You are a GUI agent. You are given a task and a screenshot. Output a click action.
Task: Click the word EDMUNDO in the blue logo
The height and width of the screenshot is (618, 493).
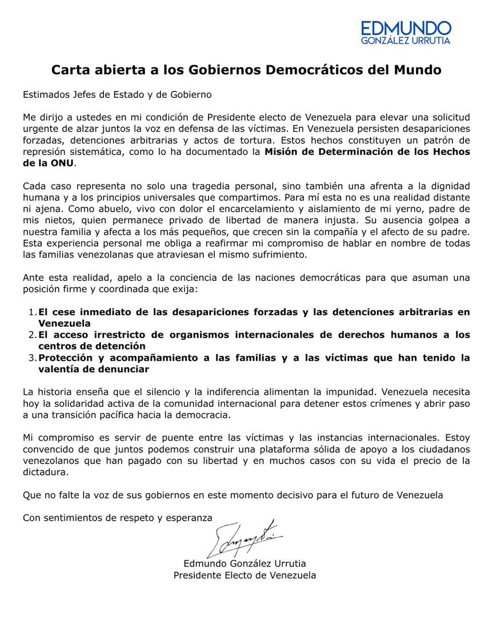point(406,28)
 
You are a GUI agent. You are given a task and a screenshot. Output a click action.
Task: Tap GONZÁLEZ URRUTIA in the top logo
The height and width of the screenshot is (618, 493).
point(406,41)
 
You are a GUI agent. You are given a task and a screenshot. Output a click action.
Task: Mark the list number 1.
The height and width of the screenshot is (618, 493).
point(32,312)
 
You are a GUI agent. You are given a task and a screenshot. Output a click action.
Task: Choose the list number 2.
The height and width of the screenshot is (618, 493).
point(32,335)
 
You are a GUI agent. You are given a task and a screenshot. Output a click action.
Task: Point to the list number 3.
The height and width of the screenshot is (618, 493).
point(32,358)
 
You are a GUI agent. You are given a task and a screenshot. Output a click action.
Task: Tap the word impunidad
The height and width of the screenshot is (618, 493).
point(337,392)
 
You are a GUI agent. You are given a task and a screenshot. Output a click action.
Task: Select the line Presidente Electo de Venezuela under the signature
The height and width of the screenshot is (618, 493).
point(245,575)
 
